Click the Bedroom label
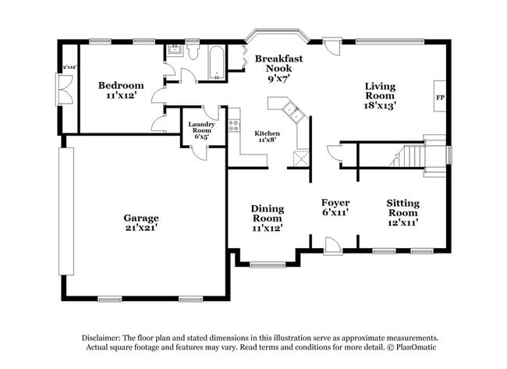pyautogui.click(x=120, y=85)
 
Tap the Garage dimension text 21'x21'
pyautogui.click(x=140, y=228)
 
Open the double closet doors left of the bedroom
pyautogui.click(x=61, y=90)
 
